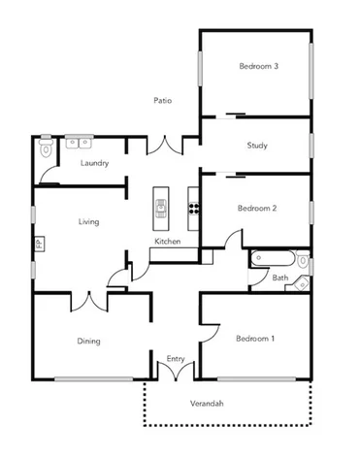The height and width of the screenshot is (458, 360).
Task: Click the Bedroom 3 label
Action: [258, 67]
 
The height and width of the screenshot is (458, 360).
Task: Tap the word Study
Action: [257, 147]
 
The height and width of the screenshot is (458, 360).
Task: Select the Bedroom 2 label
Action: [258, 208]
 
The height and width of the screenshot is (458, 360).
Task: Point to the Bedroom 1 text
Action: [255, 339]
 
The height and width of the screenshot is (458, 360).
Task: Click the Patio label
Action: [164, 100]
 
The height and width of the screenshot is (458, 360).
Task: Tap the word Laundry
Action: [94, 163]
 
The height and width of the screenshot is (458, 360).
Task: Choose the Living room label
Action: [89, 222]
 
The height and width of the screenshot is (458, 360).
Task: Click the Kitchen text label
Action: [168, 242]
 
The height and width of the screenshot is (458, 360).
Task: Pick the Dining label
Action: [89, 341]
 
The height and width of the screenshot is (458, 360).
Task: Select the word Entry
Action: [176, 359]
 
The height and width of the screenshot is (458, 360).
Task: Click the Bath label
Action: [279, 278]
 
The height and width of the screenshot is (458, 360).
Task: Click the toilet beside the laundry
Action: [45, 149]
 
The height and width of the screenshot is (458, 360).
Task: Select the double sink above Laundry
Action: [79, 143]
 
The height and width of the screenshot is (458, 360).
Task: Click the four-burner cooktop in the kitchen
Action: [194, 207]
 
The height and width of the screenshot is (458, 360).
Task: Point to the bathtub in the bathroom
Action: [273, 260]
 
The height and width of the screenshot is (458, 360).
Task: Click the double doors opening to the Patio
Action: [163, 146]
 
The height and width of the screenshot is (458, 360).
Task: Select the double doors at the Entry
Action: [176, 372]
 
